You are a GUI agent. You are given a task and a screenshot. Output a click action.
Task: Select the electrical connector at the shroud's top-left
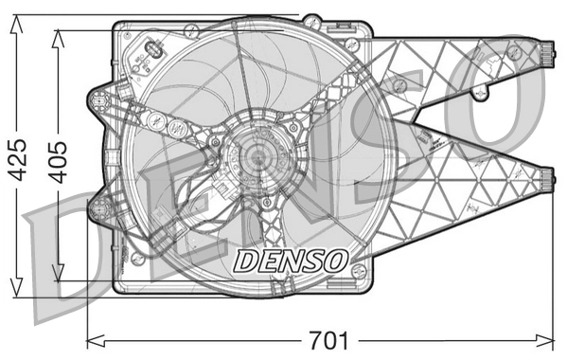tap(152, 53)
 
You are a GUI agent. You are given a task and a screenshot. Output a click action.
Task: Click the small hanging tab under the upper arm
tap(481, 93)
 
